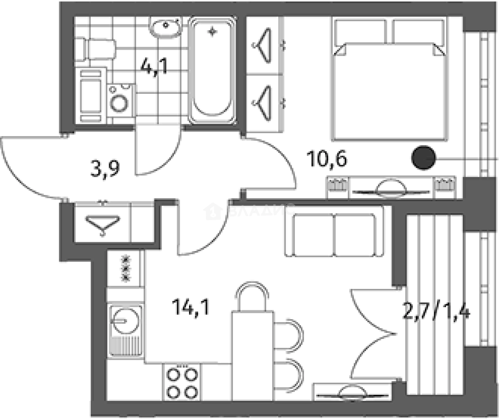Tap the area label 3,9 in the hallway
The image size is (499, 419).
105,170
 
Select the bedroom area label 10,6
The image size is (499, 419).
327,159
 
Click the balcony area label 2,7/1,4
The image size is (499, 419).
436,311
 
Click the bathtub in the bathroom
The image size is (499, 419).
212,71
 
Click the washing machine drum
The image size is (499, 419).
119,103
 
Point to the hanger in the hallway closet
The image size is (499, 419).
103,225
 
